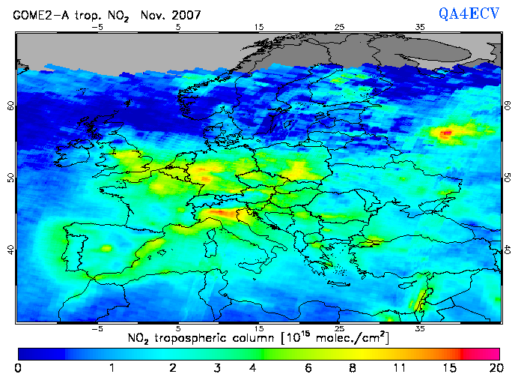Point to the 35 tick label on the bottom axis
[420, 329]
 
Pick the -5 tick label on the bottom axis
[97, 329]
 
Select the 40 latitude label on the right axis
[507, 250]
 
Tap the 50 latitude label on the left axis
[10, 178]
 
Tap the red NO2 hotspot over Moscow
[447, 133]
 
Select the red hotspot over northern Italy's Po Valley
[219, 214]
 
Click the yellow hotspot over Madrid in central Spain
[106, 248]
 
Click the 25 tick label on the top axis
[339, 28]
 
